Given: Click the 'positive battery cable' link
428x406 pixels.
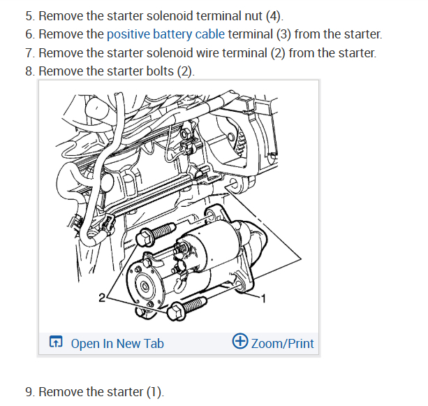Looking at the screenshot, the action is (x=165, y=34).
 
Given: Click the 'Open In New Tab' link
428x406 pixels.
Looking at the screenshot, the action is (x=117, y=343).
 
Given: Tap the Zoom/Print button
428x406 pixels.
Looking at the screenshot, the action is (x=282, y=343).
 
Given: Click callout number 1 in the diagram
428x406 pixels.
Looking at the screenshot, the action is (x=263, y=298).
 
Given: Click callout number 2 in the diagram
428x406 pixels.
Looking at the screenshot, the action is (x=103, y=298).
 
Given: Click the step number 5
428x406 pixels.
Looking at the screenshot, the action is (x=29, y=16).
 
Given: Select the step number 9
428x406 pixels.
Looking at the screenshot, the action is (x=29, y=392).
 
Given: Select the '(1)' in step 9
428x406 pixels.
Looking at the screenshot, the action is (x=154, y=392).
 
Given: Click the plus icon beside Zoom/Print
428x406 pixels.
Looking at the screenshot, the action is (x=239, y=342).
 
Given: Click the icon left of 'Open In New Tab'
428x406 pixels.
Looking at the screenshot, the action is (x=55, y=342).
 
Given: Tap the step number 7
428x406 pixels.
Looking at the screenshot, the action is (x=29, y=52).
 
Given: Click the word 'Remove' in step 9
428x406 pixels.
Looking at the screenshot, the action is (x=59, y=392).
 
